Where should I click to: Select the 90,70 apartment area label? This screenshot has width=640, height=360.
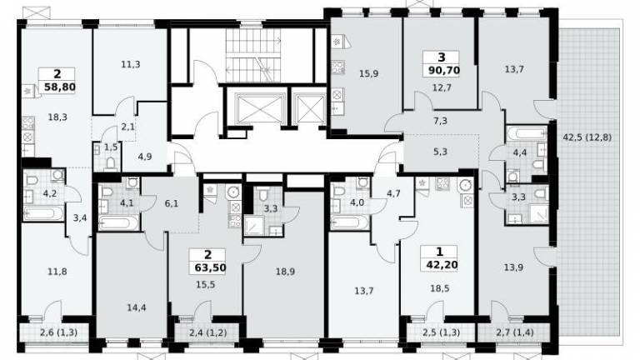pyautogui.click(x=444, y=71)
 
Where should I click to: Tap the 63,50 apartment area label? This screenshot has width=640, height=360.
pyautogui.click(x=207, y=267)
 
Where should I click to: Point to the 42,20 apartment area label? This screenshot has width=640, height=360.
pyautogui.click(x=441, y=265)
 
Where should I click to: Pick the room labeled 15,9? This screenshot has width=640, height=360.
pyautogui.click(x=368, y=74)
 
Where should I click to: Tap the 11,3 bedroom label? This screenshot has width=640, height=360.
pyautogui.click(x=131, y=64)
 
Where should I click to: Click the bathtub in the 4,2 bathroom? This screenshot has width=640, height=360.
pyautogui.click(x=43, y=213)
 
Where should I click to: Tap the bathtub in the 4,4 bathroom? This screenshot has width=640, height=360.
pyautogui.click(x=526, y=133)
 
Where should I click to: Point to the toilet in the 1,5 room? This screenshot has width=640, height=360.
pyautogui.click(x=111, y=164)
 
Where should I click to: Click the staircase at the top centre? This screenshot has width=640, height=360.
pyautogui.click(x=253, y=55)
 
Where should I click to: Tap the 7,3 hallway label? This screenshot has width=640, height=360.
pyautogui.click(x=440, y=121)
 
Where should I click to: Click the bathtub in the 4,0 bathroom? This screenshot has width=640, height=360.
pyautogui.click(x=351, y=222)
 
